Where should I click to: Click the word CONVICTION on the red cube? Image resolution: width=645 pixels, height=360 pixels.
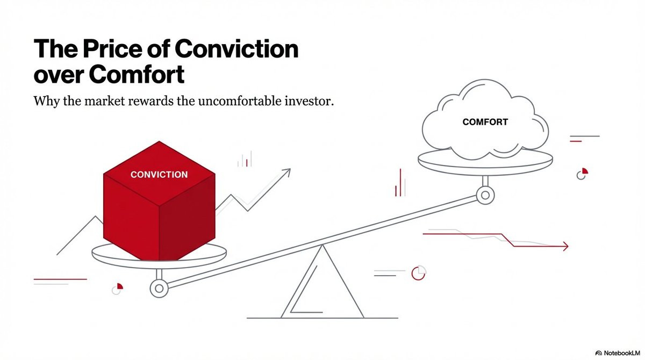point(159,175)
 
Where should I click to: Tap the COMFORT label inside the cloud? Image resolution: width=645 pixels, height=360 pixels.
point(485,122)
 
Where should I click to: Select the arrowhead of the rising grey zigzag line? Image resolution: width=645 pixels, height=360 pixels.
point(286,172)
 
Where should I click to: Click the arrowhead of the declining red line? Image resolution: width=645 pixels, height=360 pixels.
point(564,247)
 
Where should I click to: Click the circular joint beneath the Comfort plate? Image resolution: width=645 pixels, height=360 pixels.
point(485,195)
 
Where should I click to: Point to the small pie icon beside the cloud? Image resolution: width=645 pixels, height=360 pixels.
point(582,174)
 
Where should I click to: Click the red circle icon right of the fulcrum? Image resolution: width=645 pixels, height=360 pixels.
point(418,273)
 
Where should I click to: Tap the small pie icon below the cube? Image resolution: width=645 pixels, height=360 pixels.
point(117,289)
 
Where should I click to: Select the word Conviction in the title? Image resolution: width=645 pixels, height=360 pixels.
point(236,49)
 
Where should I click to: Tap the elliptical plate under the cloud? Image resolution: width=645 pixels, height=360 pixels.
point(485,159)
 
